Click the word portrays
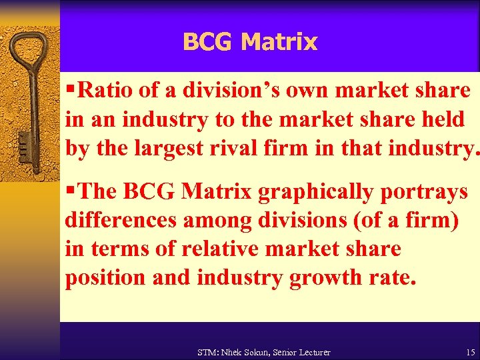[427, 192]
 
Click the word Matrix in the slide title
[279, 42]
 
